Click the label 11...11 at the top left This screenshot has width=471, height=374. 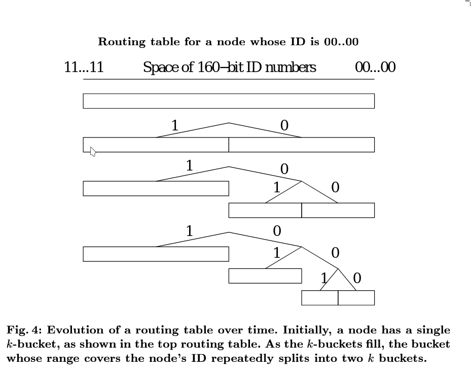pos(84,67)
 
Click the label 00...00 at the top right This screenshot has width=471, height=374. pos(375,67)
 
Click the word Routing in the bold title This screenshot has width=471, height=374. pos(122,42)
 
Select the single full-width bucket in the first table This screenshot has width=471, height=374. pos(229,101)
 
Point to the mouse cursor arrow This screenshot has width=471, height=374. pos(93,152)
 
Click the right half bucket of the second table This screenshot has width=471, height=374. pos(302,145)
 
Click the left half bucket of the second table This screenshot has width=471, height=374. pos(156,145)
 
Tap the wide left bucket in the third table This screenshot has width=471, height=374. pos(156,188)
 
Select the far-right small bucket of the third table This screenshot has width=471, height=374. pos(338,210)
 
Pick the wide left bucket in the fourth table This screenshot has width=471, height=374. pos(156,254)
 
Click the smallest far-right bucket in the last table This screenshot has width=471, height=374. pos(356,298)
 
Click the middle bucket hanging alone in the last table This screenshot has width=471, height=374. pos(265,276)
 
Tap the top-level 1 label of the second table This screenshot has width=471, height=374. pos(175,125)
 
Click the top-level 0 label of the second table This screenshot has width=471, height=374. pos(284,125)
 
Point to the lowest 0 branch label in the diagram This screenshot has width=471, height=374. pos(357,278)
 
